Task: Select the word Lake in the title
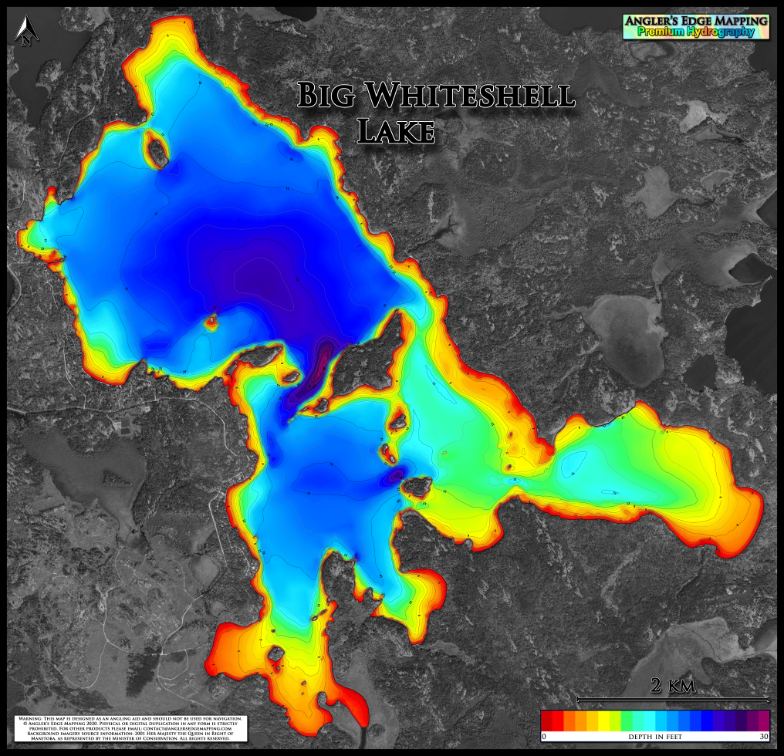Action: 397,131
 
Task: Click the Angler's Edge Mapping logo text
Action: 696,20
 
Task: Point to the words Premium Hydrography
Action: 696,32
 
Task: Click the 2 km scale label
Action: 674,686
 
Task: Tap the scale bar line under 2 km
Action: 674,699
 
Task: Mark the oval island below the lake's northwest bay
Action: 155,147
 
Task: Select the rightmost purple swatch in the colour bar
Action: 763,720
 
